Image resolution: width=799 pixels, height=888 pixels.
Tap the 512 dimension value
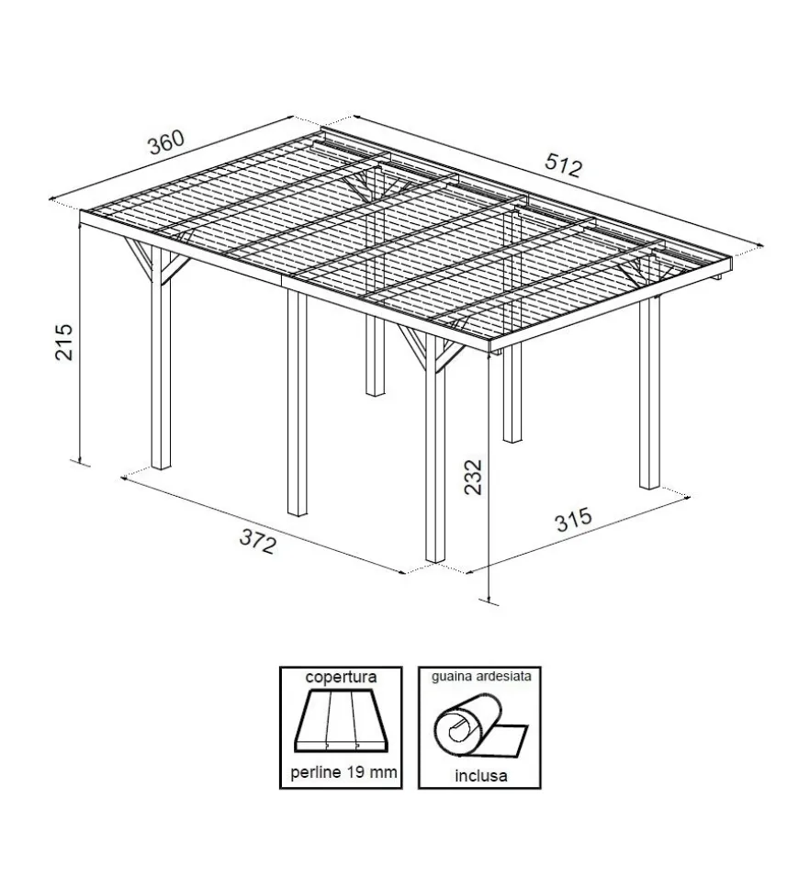564,165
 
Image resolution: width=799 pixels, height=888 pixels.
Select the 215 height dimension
63,342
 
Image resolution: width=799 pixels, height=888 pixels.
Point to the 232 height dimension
472,477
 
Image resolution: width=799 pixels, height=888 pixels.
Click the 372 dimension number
258,540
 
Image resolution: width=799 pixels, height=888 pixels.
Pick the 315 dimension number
574,520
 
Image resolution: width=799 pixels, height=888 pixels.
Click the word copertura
341,677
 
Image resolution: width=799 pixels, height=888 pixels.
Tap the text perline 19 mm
343,772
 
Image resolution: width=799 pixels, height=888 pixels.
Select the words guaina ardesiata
481,676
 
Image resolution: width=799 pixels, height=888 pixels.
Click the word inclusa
480,775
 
